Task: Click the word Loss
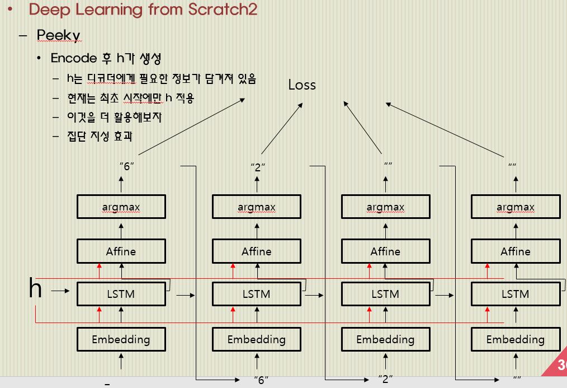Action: pyautogui.click(x=302, y=85)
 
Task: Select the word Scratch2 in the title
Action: pyautogui.click(x=223, y=10)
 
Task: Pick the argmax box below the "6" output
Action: pyautogui.click(x=121, y=207)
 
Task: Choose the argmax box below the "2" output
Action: pyautogui.click(x=257, y=207)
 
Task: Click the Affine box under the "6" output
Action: pyautogui.click(x=121, y=251)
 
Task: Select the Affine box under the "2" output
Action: pyautogui.click(x=257, y=251)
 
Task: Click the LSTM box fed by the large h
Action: pyautogui.click(x=121, y=294)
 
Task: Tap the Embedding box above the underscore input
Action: pyautogui.click(x=121, y=339)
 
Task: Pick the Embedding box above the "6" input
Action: pyautogui.click(x=257, y=339)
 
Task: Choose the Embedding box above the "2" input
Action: pyautogui.click(x=385, y=339)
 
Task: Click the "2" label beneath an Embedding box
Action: pyautogui.click(x=385, y=380)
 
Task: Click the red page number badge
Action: pyautogui.click(x=558, y=367)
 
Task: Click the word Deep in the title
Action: pyautogui.click(x=47, y=10)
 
